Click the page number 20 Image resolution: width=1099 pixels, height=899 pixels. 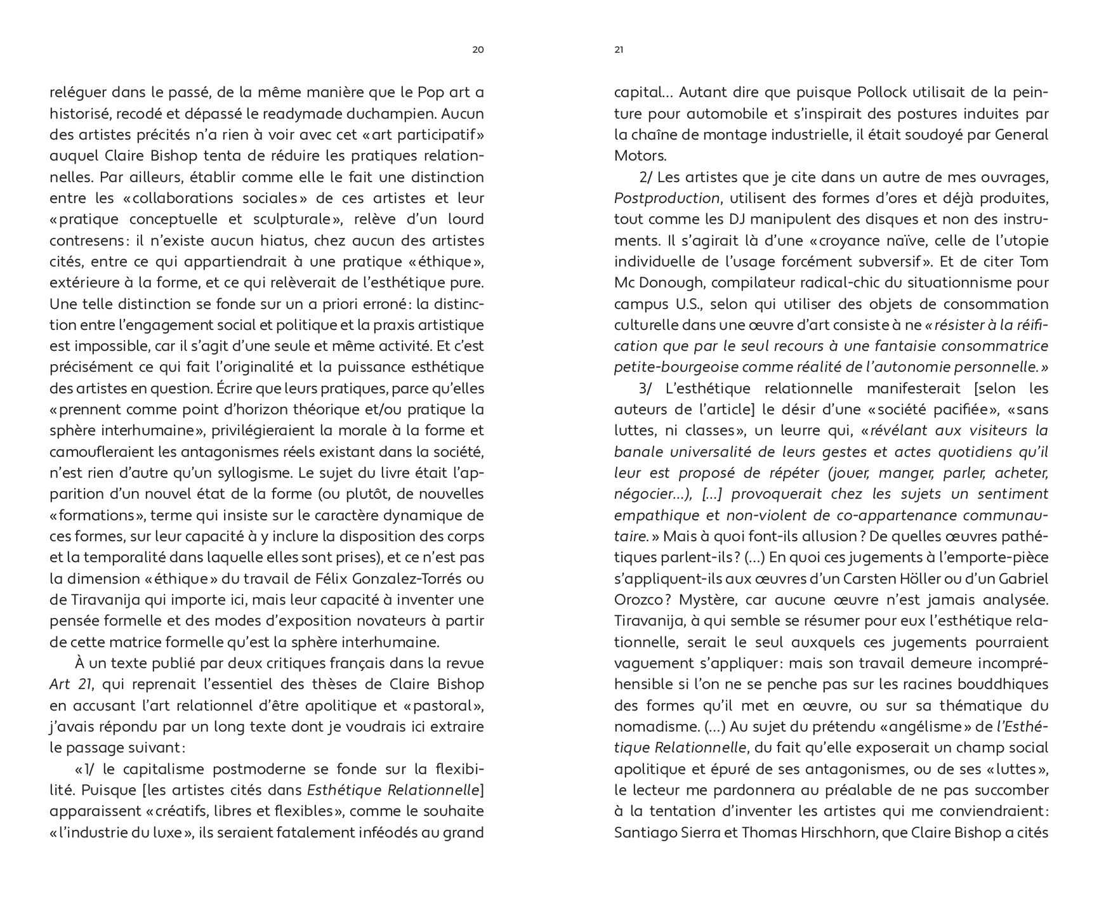pos(478,50)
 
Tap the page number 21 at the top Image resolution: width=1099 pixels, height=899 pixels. pos(619,50)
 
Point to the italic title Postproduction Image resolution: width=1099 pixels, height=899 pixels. pos(666,198)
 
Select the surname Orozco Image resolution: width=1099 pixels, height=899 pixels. pos(639,600)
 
